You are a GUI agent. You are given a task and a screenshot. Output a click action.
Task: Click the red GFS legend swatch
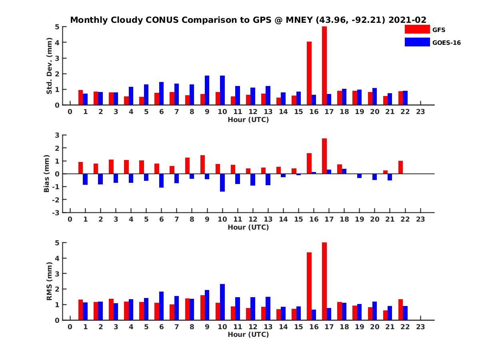click(x=417, y=30)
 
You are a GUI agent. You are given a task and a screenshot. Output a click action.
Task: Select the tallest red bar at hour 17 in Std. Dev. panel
click(x=324, y=66)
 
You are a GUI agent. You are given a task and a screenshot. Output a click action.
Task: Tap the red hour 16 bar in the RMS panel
click(x=309, y=286)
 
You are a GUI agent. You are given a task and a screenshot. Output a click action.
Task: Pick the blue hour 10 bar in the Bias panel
click(x=222, y=182)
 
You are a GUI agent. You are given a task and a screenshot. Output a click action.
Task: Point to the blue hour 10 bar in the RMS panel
click(x=222, y=302)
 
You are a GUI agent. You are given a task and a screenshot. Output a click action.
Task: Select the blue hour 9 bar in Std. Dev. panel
click(x=207, y=90)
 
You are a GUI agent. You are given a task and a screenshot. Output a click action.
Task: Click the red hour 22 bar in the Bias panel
click(x=400, y=167)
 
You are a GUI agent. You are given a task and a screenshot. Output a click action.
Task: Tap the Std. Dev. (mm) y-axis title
click(x=50, y=66)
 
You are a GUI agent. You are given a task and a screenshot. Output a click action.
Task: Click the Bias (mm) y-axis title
click(x=47, y=174)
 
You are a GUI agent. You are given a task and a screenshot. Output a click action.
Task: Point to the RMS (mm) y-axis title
click(x=50, y=281)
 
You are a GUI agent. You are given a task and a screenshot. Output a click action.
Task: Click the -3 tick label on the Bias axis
click(x=57, y=212)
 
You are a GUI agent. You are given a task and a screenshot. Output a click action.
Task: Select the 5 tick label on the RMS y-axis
click(x=58, y=243)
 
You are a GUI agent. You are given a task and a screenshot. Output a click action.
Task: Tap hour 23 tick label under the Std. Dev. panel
click(x=420, y=112)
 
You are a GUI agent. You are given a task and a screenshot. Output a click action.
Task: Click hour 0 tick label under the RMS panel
click(x=70, y=327)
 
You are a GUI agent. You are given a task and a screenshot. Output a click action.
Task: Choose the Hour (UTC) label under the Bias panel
click(x=248, y=227)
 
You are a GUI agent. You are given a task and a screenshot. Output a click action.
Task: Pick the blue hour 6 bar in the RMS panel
click(x=162, y=306)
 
